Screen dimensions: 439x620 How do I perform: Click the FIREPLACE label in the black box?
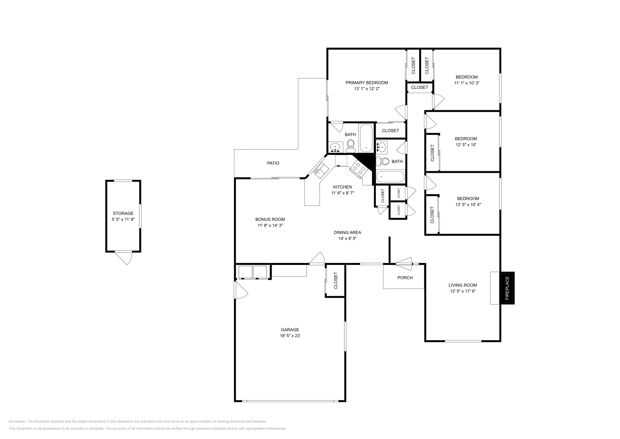point(507,288)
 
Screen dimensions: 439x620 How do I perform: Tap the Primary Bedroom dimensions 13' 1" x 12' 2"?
point(367,89)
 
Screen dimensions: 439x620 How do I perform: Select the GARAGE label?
point(290,330)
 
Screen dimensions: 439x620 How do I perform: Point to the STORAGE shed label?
point(123,214)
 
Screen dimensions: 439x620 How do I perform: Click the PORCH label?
point(405,278)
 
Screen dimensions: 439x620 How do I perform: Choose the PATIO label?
point(273,163)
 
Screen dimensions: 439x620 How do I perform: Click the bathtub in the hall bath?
point(390,177)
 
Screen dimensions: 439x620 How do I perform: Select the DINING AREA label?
point(347,233)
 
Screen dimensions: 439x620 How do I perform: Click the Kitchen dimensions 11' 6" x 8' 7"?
point(343,193)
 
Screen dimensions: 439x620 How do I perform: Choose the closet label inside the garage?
point(336,280)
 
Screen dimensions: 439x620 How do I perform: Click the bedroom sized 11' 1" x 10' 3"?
point(467,80)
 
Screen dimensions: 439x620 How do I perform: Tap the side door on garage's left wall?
point(240,290)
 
